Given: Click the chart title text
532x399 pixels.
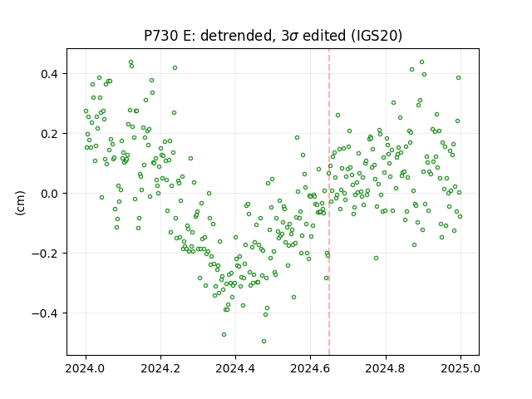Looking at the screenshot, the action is click(x=273, y=36).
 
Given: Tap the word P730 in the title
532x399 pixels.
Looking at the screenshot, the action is click(x=161, y=36).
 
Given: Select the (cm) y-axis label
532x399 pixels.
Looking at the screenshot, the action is click(x=20, y=203).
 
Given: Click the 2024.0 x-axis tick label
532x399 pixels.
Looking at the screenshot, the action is click(x=86, y=368).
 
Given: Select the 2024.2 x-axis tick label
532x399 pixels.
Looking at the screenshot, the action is click(x=160, y=368).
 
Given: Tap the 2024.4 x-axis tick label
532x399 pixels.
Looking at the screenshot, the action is click(x=235, y=368).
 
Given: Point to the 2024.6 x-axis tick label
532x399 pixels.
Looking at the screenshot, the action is click(x=310, y=368).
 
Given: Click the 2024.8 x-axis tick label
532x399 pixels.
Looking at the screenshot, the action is click(x=386, y=368).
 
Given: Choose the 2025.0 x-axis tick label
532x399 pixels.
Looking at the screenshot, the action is click(x=461, y=368).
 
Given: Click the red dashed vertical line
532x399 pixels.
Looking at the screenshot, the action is click(x=329, y=202).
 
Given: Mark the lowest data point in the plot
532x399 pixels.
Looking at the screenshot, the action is click(x=264, y=341).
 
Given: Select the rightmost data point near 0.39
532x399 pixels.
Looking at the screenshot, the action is click(x=458, y=77).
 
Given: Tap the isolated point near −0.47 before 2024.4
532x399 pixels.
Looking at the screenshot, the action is click(x=224, y=334).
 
